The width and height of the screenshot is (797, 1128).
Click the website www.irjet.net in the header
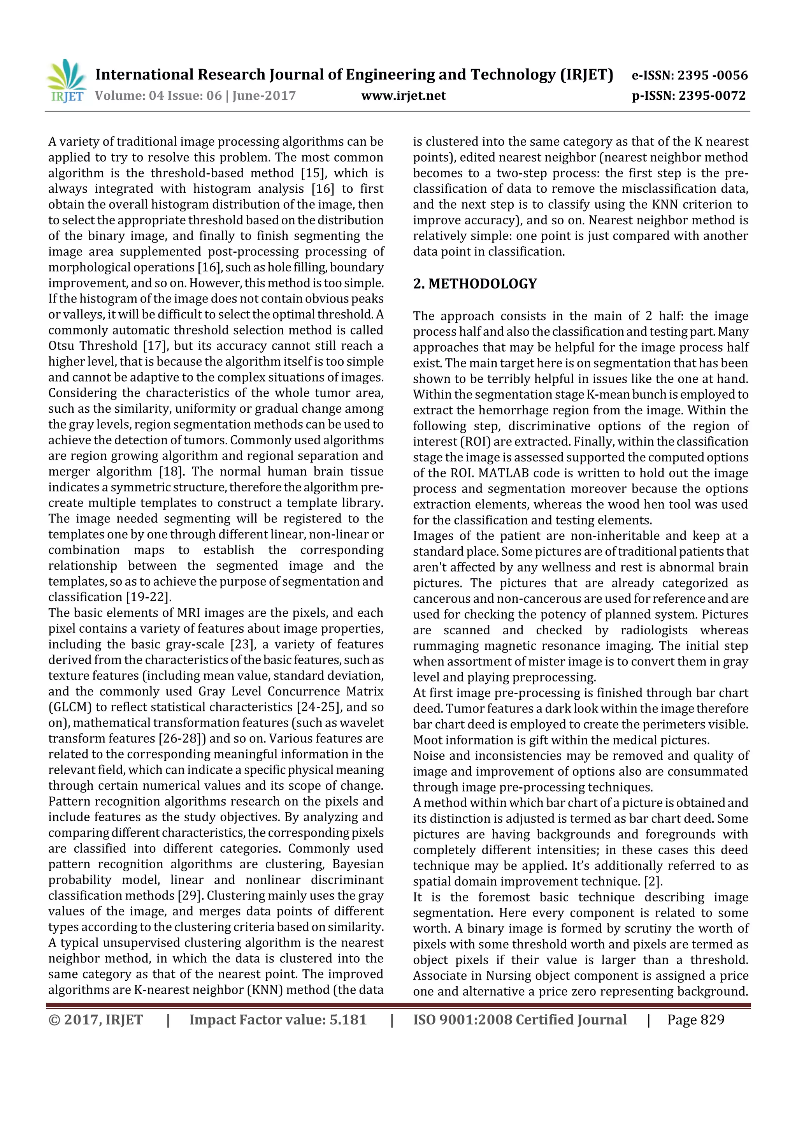coord(403,95)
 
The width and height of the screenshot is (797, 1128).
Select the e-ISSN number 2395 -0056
coord(713,75)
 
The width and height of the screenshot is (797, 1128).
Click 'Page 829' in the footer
coord(695,1019)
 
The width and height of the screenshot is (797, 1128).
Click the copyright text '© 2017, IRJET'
coord(96,1019)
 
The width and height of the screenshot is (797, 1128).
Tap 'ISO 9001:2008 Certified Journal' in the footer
coord(520,1019)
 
